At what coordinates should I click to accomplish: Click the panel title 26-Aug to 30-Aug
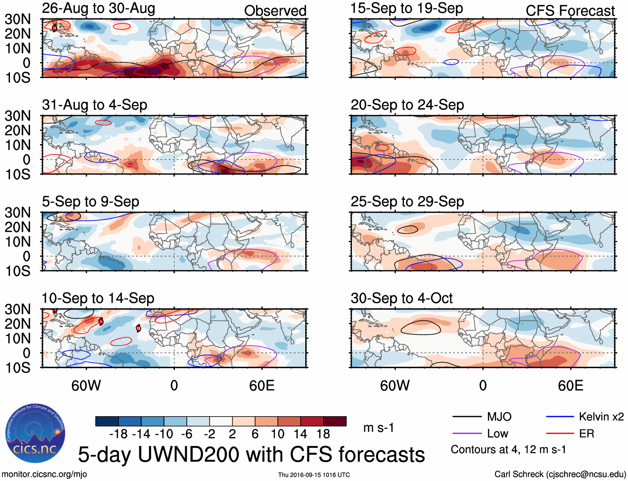pos(99,8)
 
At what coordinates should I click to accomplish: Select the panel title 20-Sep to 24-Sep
pos(407,105)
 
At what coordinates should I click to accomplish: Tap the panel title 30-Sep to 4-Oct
pos(401,298)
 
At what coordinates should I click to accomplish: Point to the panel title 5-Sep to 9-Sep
pos(90,201)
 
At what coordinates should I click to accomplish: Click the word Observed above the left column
pos(275,11)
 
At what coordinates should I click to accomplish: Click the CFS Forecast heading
pos(570,11)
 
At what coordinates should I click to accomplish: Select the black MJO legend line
pos(467,417)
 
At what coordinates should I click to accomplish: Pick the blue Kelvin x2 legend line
pos(560,417)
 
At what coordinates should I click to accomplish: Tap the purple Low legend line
pos(467,434)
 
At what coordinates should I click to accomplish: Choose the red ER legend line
pos(560,434)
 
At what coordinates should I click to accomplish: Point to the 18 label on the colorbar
pos(323,434)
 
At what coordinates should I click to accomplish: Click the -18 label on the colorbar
pos(119,434)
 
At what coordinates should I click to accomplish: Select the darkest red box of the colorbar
pos(335,421)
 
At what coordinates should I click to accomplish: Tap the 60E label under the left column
pos(262,385)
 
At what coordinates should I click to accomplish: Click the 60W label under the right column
pos(395,385)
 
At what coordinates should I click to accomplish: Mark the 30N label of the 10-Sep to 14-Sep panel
pos(17,309)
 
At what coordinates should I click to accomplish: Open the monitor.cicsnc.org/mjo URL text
pos(44,474)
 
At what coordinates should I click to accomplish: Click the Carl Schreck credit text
pos(560,474)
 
